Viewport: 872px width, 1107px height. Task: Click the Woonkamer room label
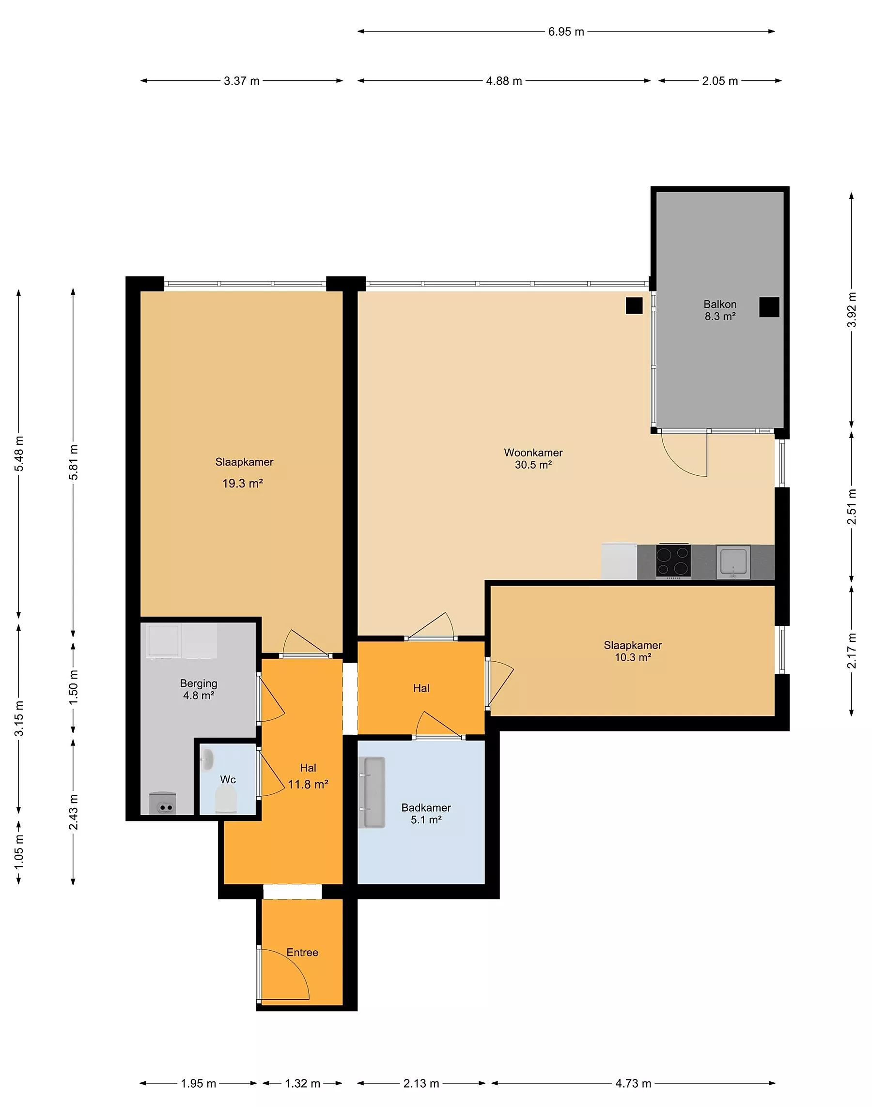533,453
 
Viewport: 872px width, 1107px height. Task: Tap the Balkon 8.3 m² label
720,310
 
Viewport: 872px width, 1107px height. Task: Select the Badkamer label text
426,807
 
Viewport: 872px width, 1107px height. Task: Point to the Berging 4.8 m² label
199,689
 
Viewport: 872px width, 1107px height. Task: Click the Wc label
228,779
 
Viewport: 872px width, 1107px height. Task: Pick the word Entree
302,953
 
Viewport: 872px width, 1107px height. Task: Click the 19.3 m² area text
243,483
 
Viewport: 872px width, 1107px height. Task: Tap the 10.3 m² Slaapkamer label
633,651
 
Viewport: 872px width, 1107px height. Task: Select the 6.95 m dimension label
566,31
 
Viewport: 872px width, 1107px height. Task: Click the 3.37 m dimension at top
241,81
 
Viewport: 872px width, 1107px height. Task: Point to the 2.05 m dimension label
720,81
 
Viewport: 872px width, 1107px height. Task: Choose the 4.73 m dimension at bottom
633,1083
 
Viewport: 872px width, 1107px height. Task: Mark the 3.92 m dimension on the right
852,310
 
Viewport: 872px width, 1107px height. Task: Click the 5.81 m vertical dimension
74,462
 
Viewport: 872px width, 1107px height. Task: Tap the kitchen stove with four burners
673,561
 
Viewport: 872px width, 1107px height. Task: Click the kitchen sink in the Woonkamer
733,562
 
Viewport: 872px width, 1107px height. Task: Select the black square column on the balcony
769,307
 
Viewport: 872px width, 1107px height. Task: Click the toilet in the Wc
226,799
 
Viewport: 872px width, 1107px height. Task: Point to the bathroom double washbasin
371,792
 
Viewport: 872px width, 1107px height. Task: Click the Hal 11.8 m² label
308,776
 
